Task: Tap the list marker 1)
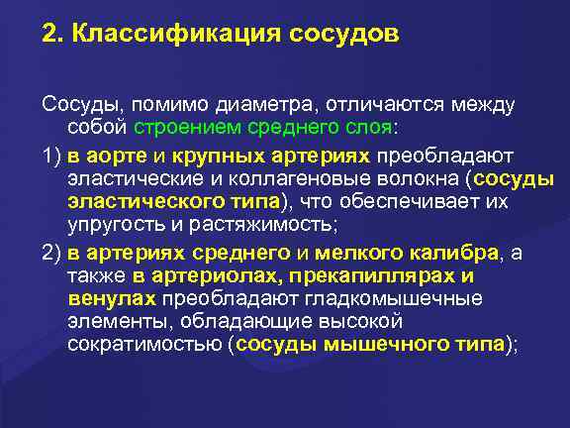click(x=52, y=155)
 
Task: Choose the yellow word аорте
click(x=117, y=155)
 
